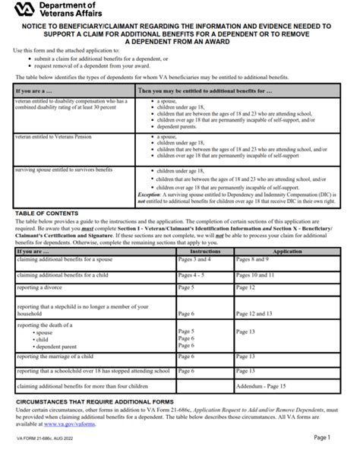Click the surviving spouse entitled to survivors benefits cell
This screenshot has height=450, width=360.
point(68,170)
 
